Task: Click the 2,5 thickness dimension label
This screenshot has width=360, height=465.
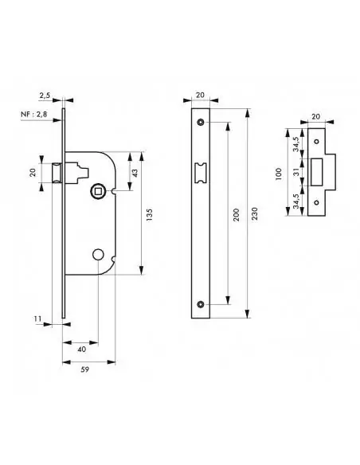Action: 45,96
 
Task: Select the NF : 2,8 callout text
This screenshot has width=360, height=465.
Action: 33,114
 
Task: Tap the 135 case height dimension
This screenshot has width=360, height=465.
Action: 150,214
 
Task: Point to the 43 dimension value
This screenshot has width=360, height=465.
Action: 135,173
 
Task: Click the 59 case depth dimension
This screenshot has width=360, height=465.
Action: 84,369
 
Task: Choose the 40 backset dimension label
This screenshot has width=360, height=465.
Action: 81,350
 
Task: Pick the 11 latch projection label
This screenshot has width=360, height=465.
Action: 37,318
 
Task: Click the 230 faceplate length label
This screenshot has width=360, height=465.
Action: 255,213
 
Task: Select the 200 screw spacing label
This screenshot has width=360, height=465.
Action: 236,214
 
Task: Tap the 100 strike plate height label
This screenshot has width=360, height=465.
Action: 278,174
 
